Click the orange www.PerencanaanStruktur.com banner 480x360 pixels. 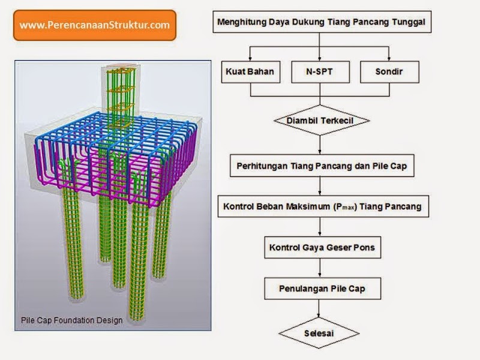(94, 25)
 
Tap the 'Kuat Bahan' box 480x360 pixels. (250, 71)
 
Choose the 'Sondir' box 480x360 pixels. (389, 71)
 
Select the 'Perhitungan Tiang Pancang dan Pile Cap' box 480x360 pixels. (321, 166)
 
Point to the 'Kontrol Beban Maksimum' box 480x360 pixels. (322, 207)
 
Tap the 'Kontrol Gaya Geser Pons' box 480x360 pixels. (321, 247)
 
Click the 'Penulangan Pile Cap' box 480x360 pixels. (322, 289)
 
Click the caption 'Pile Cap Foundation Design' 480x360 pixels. (71, 320)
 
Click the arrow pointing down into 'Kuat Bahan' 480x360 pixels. (250, 54)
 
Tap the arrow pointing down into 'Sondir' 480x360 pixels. (391, 54)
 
